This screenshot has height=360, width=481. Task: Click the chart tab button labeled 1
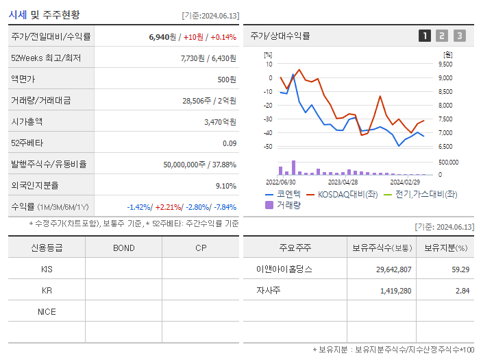pos(425,36)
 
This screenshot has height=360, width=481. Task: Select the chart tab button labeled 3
pos(459,36)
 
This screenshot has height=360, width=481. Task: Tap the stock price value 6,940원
pos(163,37)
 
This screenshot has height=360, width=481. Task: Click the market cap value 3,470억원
pos(221,122)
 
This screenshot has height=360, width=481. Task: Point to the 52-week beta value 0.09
pos(230,143)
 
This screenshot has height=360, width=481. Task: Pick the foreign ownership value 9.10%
pos(225,186)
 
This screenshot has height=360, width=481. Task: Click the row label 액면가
pos(23,80)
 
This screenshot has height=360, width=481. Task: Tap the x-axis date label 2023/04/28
pos(343,182)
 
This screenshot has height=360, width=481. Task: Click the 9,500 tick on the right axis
pos(445,64)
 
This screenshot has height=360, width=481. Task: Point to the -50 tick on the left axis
pos(269,147)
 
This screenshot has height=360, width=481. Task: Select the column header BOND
pos(123,248)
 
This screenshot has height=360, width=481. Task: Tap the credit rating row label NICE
pos(47,312)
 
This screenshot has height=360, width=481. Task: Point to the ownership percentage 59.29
pos(460,269)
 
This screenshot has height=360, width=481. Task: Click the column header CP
pos(201,248)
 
